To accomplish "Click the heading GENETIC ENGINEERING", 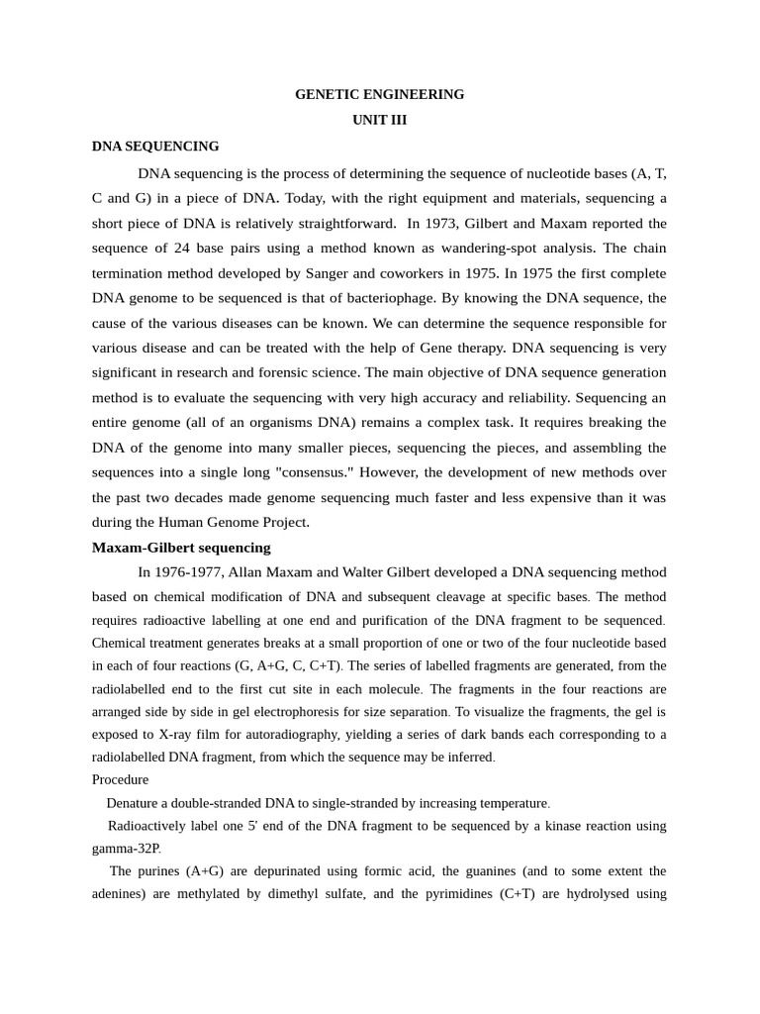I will [x=379, y=95].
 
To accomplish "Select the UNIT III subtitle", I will [x=379, y=120].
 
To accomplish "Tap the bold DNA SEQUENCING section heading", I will [x=155, y=147].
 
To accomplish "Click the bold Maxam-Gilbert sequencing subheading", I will [x=181, y=548].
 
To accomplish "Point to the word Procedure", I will [x=120, y=779].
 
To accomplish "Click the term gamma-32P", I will [x=127, y=849].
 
